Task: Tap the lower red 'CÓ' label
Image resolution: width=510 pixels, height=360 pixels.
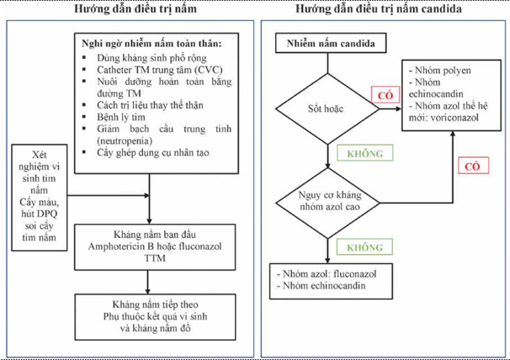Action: [x=470, y=167]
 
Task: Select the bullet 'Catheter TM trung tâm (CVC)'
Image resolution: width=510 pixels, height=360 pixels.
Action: [x=154, y=68]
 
